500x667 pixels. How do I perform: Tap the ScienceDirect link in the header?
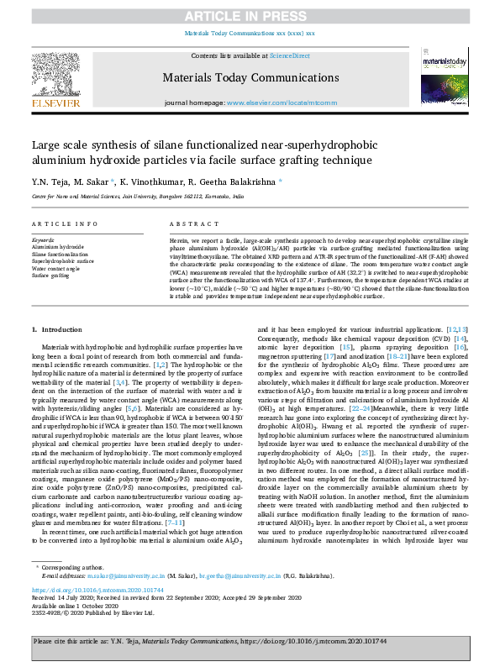pyautogui.click(x=289, y=55)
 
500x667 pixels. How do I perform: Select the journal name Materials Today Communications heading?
pyautogui.click(x=250, y=77)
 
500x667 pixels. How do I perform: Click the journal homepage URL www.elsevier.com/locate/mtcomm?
pyautogui.click(x=278, y=102)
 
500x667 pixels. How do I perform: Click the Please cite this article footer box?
pyautogui.click(x=250, y=641)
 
